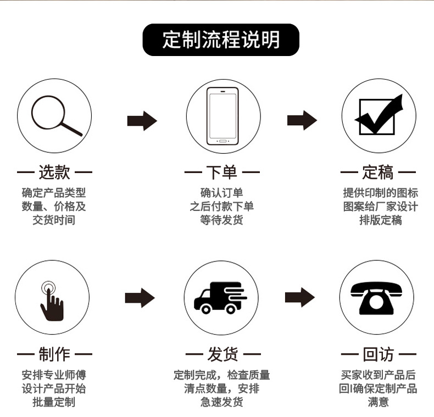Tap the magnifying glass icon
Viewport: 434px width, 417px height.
[55, 117]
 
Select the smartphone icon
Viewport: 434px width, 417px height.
[223, 116]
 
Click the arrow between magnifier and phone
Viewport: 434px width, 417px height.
[142, 120]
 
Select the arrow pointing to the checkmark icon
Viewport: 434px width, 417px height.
[302, 120]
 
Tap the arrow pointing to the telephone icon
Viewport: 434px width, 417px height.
[299, 297]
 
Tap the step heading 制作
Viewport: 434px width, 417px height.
[54, 354]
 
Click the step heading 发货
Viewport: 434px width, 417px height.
[222, 354]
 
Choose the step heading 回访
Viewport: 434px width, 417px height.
[378, 354]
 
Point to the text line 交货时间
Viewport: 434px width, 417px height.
[54, 220]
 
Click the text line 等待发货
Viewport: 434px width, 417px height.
[221, 220]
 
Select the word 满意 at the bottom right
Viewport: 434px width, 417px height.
[378, 402]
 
